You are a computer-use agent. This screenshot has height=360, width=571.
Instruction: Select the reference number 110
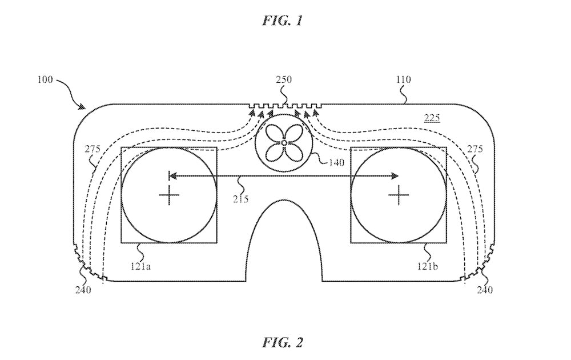pyautogui.click(x=403, y=80)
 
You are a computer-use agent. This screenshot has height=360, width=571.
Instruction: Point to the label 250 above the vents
pyautogui.click(x=284, y=80)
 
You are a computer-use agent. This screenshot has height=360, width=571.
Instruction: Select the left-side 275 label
pyautogui.click(x=93, y=149)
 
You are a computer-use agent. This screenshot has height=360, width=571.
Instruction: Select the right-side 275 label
pyautogui.click(x=475, y=149)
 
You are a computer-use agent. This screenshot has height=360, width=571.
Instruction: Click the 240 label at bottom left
pyautogui.click(x=83, y=289)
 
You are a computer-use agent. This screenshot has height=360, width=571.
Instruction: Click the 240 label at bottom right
pyautogui.click(x=485, y=289)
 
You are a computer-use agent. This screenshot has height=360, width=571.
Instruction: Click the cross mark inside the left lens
pyautogui.click(x=169, y=196)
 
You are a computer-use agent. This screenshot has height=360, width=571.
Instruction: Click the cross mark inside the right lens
pyautogui.click(x=399, y=196)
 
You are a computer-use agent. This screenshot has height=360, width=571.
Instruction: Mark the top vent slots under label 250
pyautogui.click(x=286, y=106)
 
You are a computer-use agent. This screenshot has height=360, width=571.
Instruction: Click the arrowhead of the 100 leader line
pyautogui.click(x=84, y=107)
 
